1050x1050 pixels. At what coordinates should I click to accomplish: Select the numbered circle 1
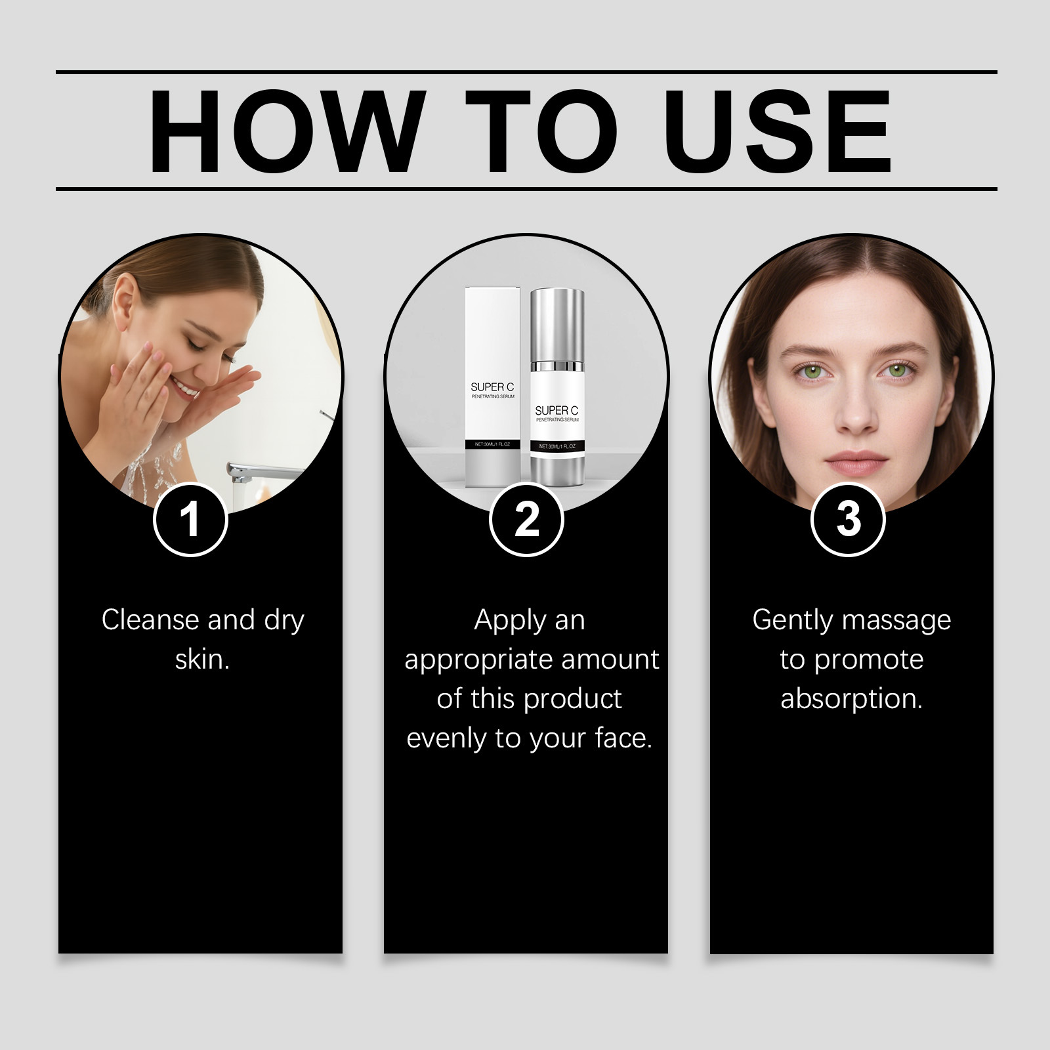[190, 520]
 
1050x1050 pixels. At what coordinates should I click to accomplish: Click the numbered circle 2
[526, 520]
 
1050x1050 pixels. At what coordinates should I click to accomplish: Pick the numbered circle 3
[849, 520]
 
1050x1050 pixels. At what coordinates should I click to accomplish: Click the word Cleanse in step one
[150, 619]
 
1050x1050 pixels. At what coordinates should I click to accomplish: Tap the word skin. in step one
[202, 659]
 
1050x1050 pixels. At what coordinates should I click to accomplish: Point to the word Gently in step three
[792, 621]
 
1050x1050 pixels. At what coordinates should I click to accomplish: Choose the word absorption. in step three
[851, 700]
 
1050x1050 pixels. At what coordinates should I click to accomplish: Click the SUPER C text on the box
[492, 387]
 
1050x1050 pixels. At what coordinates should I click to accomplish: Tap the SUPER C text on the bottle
[556, 411]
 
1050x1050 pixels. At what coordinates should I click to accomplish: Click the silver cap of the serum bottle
[557, 324]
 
